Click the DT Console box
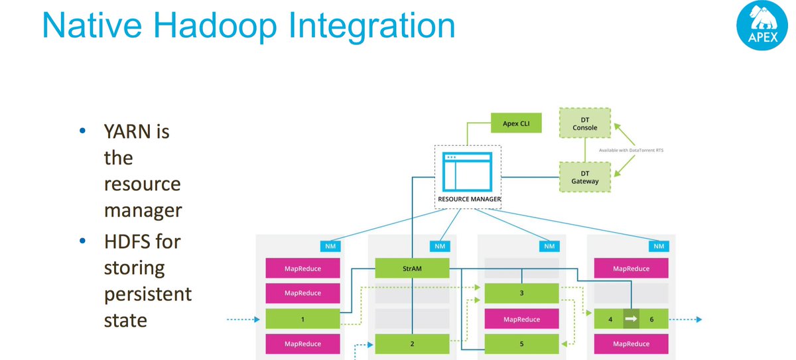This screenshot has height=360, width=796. coord(584,123)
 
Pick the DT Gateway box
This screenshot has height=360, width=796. coord(584,177)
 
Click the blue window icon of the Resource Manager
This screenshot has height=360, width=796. coord(468,172)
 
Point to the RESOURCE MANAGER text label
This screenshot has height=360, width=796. coord(469,199)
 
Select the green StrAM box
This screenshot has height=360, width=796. coord(412,268)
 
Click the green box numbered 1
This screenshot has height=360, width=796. coord(302,319)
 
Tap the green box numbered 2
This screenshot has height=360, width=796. coord(412,343)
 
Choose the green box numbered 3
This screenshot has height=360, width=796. coord(522,293)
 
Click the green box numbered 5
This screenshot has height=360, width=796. coord(522,343)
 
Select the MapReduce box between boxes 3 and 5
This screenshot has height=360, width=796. coord(522,319)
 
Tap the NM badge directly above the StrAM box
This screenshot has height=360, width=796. coord(439,246)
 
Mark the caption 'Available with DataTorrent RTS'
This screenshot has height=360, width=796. coord(631,150)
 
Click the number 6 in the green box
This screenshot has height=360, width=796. coord(651,319)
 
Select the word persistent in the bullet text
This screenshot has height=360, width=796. coord(147,294)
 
